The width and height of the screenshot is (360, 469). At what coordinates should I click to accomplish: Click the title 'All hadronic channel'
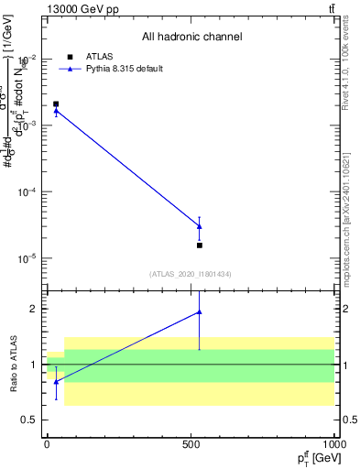(x=191, y=38)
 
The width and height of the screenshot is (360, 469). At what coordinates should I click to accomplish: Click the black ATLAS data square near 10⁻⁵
(x=200, y=245)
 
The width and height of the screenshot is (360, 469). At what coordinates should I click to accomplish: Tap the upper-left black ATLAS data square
(x=56, y=104)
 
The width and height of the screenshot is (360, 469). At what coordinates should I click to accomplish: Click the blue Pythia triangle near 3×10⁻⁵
(x=200, y=226)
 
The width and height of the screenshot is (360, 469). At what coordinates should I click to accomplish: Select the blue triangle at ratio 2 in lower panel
(x=200, y=312)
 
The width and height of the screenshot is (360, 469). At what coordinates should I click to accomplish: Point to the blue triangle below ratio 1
(x=56, y=382)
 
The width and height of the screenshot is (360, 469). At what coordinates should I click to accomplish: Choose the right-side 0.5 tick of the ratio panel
(x=348, y=420)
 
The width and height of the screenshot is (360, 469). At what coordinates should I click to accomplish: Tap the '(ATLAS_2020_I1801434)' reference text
(x=190, y=274)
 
